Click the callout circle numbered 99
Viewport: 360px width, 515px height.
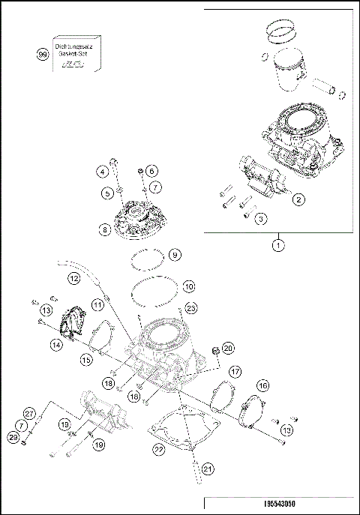(x=43, y=54)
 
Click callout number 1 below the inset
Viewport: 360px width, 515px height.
(x=278, y=244)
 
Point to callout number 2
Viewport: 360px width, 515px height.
(x=298, y=199)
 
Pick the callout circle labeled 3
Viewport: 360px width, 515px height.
(x=260, y=218)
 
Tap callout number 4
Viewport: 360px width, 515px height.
(x=100, y=172)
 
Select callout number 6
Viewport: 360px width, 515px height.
(x=151, y=171)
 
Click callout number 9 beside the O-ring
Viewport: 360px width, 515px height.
(x=174, y=256)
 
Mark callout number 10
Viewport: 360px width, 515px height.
(x=189, y=286)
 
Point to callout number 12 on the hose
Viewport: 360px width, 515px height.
(x=73, y=278)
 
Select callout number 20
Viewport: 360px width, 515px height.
(x=229, y=348)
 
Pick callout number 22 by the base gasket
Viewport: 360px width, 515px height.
(x=157, y=449)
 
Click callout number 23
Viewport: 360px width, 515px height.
(x=191, y=307)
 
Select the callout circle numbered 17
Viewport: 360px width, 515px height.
(x=235, y=370)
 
